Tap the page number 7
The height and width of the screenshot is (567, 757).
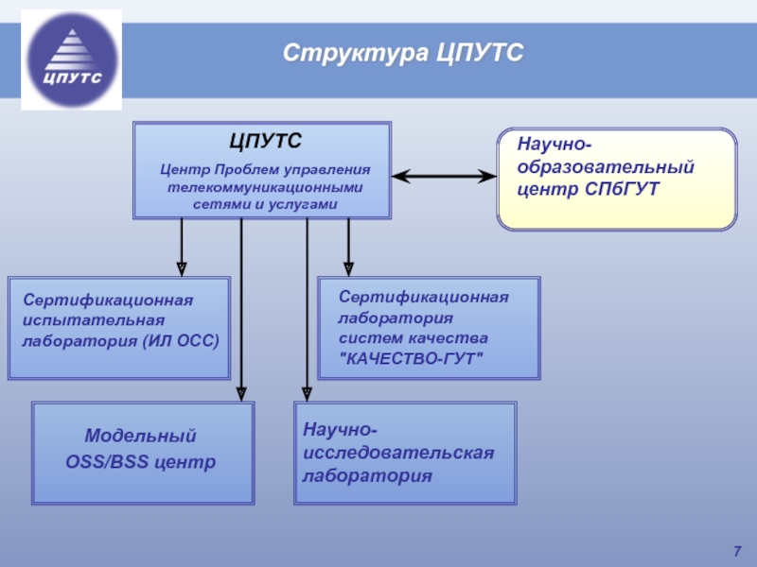pos(736,551)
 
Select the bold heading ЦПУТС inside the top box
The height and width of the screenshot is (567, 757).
pos(265,142)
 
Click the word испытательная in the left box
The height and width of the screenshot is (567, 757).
pos(86,320)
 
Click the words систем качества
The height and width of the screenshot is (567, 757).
pos(414,337)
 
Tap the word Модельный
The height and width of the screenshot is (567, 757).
pos(141,437)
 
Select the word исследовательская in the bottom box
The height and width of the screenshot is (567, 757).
pos(398,454)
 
